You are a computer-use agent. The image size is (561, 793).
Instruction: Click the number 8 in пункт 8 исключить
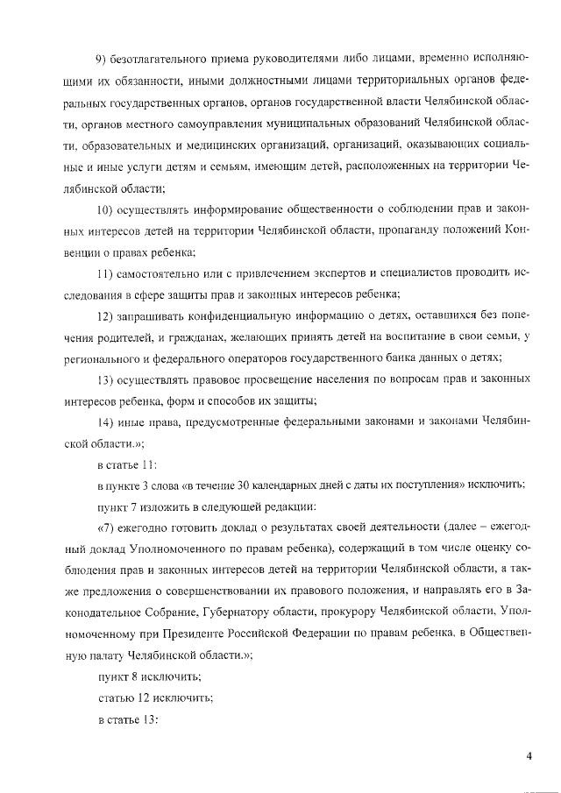[133, 676]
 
